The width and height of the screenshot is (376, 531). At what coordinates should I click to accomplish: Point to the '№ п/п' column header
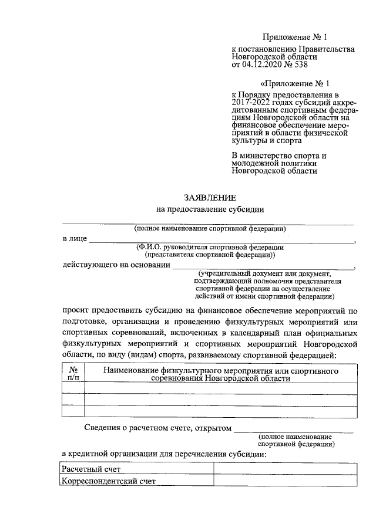tap(73, 374)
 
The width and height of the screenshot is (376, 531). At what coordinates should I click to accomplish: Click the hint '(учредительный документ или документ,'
tap(266, 273)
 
